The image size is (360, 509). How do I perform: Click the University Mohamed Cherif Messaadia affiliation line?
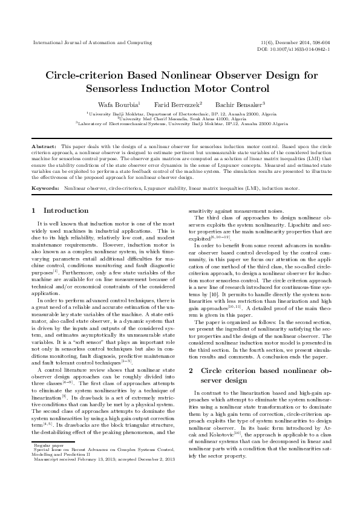click(x=179, y=118)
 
